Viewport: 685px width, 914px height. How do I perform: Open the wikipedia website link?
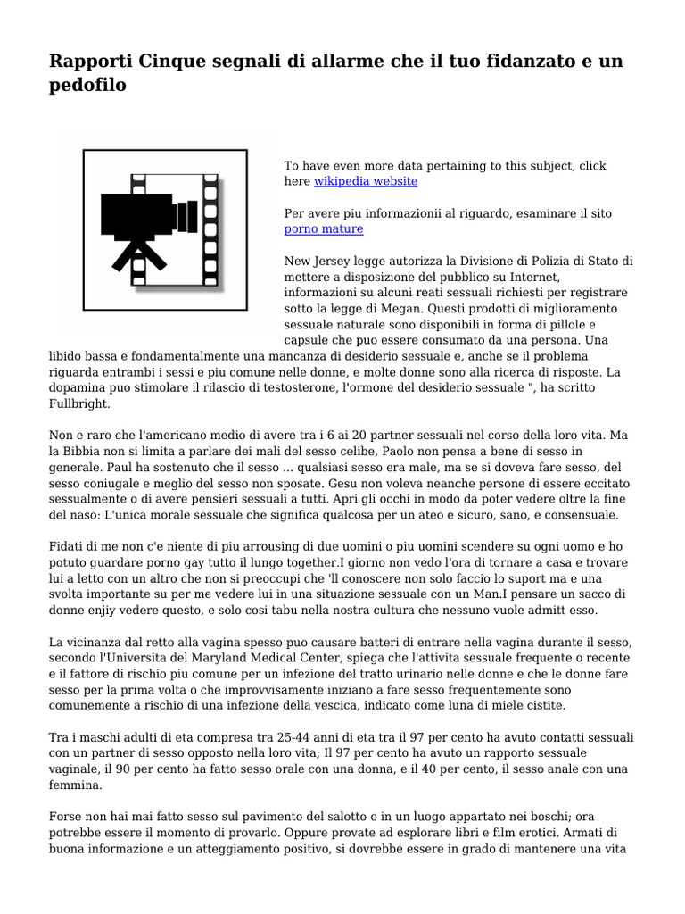[x=366, y=181]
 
